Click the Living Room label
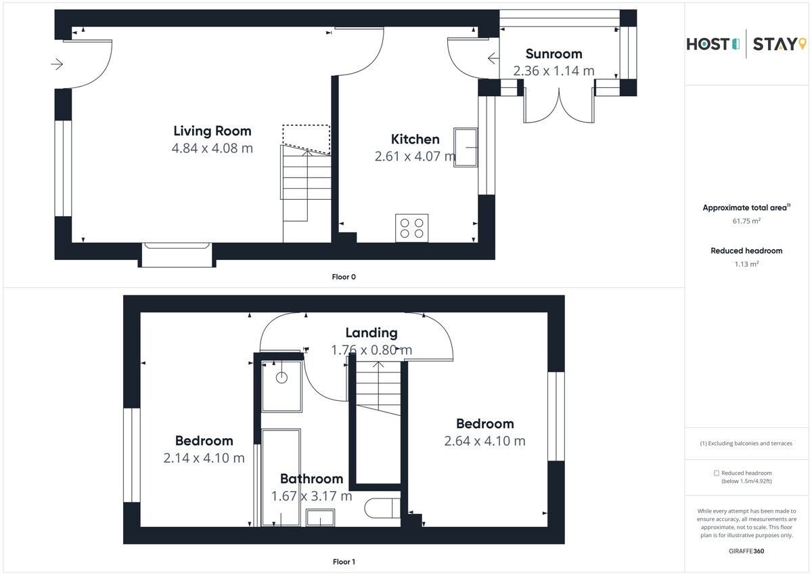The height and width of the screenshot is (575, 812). click(x=212, y=131)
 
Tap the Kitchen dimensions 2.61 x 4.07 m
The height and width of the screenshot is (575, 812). click(x=415, y=156)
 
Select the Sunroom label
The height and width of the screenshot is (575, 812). click(x=554, y=54)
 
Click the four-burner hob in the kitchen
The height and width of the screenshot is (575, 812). click(x=412, y=228)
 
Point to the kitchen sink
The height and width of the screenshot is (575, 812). click(x=466, y=147)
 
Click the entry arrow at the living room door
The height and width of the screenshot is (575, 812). click(x=57, y=64)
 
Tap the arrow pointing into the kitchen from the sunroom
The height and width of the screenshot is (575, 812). click(x=493, y=58)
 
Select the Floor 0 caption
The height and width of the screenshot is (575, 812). click(x=344, y=277)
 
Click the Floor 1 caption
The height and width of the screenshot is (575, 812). click(x=344, y=561)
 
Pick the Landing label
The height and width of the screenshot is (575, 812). click(x=371, y=333)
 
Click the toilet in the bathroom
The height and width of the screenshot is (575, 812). click(x=382, y=508)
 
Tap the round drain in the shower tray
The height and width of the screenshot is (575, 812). click(x=281, y=378)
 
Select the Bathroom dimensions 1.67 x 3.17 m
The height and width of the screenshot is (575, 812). click(x=312, y=496)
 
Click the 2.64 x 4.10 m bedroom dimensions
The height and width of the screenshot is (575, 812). click(x=484, y=441)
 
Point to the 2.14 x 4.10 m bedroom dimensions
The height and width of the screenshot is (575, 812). click(x=204, y=458)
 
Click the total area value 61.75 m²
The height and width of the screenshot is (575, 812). click(x=746, y=221)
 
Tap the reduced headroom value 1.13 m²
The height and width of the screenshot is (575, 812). click(x=746, y=263)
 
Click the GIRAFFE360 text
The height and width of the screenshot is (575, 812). click(x=746, y=551)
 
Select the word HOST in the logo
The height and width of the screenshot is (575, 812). click(x=708, y=44)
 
